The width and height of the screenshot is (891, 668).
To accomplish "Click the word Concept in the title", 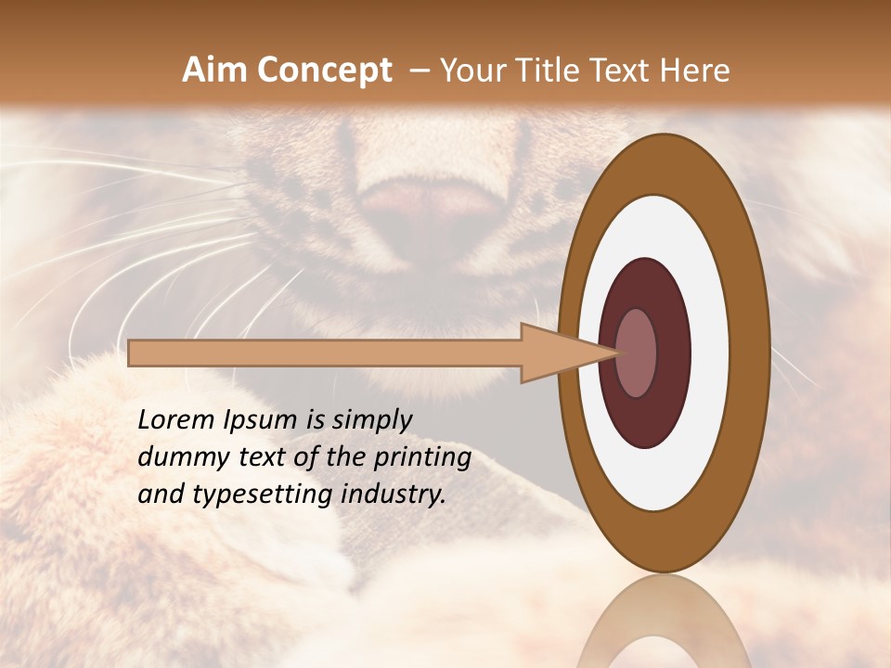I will [325, 71].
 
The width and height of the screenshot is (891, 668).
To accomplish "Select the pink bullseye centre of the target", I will [636, 353].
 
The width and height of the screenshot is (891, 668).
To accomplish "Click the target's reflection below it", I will [664, 622].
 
